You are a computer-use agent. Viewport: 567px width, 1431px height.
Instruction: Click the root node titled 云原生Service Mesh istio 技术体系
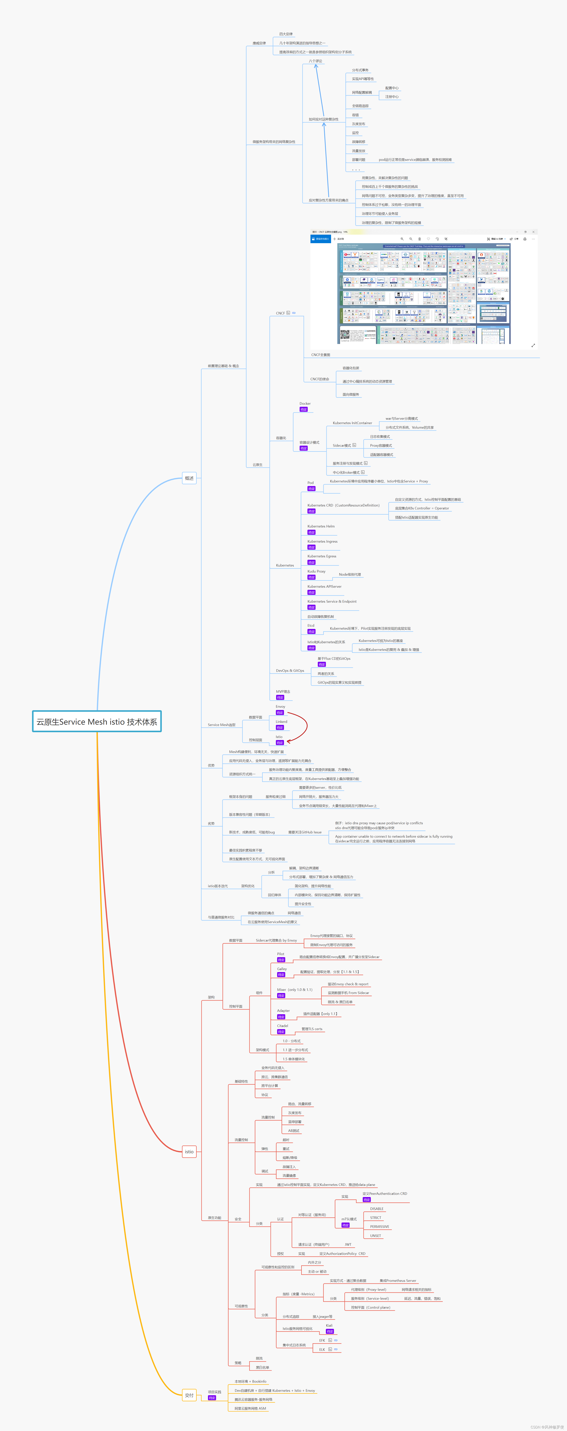coord(97,722)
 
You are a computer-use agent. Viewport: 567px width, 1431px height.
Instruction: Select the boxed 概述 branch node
coord(189,478)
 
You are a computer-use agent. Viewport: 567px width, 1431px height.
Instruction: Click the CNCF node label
coord(280,313)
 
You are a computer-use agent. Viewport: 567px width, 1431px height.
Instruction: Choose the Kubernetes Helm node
coord(321,526)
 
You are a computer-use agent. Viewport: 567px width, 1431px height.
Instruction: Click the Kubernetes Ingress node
coord(322,541)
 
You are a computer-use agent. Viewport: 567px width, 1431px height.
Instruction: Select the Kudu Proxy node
coord(317,571)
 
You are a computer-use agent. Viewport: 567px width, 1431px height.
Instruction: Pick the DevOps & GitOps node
coord(290,670)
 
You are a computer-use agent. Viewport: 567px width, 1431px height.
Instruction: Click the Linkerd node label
coord(282,722)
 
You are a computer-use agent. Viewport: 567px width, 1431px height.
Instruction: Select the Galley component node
coord(282,969)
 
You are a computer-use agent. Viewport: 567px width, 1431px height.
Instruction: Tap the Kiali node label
coord(329,1326)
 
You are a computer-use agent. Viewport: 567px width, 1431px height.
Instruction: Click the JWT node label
coord(348,1244)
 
